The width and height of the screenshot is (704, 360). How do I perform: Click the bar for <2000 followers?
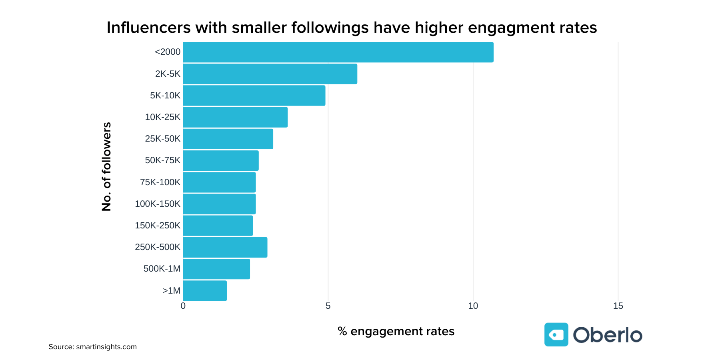[338, 52]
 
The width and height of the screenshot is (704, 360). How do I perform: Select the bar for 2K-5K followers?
[270, 74]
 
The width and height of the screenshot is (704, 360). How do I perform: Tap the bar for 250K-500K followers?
[225, 247]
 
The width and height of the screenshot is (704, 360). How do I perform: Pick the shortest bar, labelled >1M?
[205, 291]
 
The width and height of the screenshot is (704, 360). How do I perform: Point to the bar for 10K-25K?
[235, 117]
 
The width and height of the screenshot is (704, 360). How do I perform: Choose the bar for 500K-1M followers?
[216, 269]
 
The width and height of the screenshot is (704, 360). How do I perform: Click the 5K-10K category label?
[165, 96]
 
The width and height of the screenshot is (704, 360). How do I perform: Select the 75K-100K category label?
[160, 182]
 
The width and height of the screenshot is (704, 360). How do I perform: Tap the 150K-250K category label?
[158, 226]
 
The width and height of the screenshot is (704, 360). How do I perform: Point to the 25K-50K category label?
[162, 139]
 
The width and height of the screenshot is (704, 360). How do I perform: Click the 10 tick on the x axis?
[473, 306]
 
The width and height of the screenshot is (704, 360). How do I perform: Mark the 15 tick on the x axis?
[618, 306]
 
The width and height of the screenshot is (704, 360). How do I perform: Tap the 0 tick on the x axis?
[183, 306]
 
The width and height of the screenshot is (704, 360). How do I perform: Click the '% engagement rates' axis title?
[396, 331]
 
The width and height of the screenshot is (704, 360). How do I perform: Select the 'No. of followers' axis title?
[106, 166]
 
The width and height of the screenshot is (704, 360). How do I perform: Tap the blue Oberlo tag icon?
[556, 334]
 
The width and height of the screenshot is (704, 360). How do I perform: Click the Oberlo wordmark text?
[607, 335]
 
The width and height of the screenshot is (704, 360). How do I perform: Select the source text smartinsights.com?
[106, 347]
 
